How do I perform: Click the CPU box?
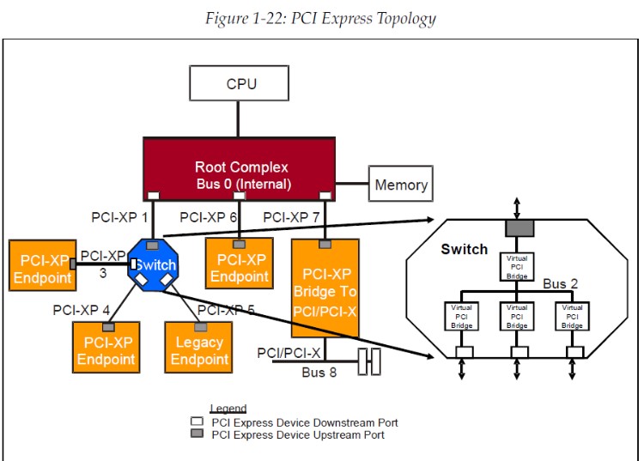point(241,83)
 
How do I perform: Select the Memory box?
point(400,185)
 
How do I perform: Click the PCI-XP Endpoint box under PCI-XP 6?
point(240,267)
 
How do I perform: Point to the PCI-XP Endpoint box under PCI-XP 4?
point(106,349)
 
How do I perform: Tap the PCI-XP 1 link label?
point(119,218)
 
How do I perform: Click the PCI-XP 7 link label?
point(291,218)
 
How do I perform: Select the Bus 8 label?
point(313,373)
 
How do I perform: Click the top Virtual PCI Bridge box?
point(516,266)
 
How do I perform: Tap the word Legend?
point(228,409)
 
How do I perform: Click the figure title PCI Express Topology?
point(321,19)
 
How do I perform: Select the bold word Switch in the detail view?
point(464,250)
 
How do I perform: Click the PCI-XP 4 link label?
point(81,309)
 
